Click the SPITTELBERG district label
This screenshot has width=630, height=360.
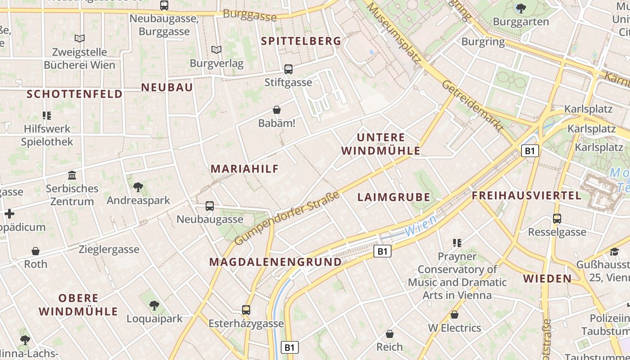tap(301, 41)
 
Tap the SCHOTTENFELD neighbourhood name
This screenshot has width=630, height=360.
tap(74, 94)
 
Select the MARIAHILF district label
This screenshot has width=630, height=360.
tap(245, 169)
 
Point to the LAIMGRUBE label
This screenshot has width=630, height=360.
tap(394, 197)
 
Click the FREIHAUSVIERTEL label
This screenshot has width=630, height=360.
tap(526, 195)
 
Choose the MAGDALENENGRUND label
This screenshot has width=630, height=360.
tap(275, 262)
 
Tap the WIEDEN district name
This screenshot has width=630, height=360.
tap(547, 279)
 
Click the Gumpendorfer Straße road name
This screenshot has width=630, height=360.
tap(287, 218)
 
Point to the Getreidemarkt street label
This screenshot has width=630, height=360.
tap(472, 106)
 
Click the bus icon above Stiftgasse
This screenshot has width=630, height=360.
tap(288, 69)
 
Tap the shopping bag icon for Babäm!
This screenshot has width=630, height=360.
tap(277, 110)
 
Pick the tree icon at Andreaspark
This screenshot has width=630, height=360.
tap(138, 187)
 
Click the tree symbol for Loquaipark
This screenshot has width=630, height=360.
tap(154, 306)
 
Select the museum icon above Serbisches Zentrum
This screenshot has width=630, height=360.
tap(72, 175)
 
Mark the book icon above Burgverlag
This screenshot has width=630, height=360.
tap(216, 50)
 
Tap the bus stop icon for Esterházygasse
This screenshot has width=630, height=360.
tap(246, 310)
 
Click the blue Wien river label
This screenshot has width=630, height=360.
tap(420, 226)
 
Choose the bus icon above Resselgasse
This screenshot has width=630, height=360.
tap(557, 219)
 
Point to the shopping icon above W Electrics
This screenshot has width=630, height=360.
tap(454, 315)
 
